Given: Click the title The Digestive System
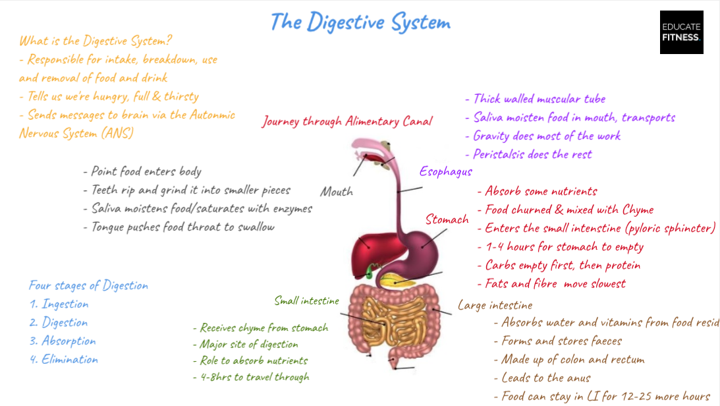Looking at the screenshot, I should pos(360,22).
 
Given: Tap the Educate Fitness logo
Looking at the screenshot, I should pos(681,32).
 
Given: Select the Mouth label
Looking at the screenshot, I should pos(337,192).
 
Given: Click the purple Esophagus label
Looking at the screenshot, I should pos(446,172).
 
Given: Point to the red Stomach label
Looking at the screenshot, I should pos(447,219).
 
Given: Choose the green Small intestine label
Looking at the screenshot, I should pos(307,301).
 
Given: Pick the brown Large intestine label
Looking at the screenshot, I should pos(495,305).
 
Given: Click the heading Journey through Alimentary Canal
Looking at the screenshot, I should pos(347,121).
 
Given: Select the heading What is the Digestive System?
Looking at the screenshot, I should pos(96,41).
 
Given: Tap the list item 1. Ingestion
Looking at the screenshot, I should pos(59,304).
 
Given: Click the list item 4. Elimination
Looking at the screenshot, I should pos(63,359).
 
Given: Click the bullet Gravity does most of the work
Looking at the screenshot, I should pos(547,136).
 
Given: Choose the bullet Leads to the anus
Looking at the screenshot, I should pos(546,378).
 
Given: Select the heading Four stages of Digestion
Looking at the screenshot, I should pos(88,285).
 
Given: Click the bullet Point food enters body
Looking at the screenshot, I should pos(142,171).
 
